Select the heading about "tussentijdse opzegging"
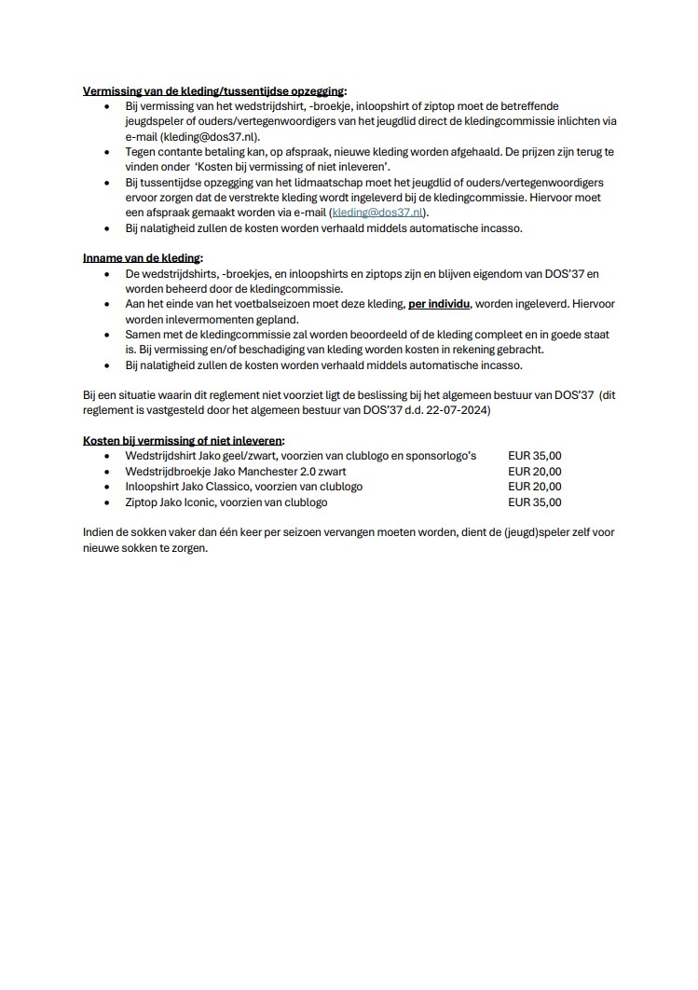(214, 91)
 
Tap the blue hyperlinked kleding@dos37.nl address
(378, 213)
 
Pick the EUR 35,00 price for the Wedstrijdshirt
(535, 456)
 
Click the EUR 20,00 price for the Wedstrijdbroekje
(535, 472)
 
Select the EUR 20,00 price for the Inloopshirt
(535, 487)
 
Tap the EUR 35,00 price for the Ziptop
(535, 502)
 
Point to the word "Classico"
(235, 487)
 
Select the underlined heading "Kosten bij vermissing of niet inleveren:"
(184, 440)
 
